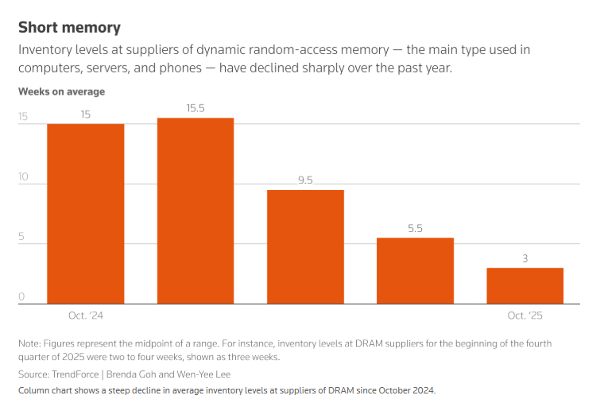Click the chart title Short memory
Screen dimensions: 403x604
click(69, 28)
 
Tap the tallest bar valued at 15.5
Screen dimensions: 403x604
click(196, 211)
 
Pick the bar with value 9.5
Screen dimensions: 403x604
click(305, 246)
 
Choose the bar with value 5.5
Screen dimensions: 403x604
click(415, 270)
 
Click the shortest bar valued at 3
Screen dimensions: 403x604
click(525, 285)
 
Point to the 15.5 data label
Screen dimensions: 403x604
click(196, 108)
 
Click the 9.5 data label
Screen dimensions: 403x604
click(305, 180)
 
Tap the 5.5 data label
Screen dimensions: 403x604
click(415, 228)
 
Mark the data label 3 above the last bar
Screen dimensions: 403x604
click(525, 258)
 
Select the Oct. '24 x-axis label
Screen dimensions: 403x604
click(86, 316)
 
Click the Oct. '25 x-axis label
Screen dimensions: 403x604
click(525, 316)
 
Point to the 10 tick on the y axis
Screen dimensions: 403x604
click(23, 176)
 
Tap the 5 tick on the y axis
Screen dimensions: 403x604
click(22, 237)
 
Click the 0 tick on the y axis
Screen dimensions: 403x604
click(22, 297)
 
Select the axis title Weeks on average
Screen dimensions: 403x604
click(61, 91)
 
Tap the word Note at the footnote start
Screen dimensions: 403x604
click(29, 343)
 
